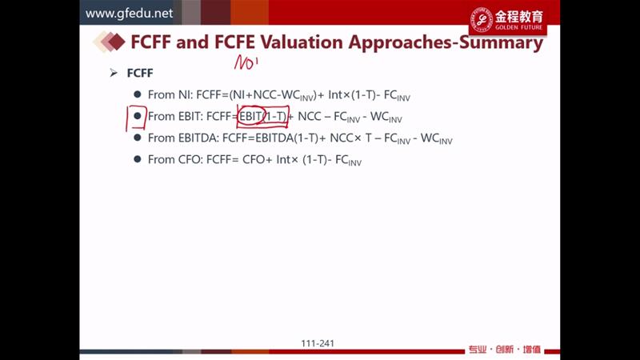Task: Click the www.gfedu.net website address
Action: click(129, 14)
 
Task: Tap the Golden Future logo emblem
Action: click(482, 19)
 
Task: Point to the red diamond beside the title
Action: click(117, 42)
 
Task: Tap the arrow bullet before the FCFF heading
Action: click(114, 73)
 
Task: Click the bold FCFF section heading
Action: click(140, 73)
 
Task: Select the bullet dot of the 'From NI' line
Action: click(138, 94)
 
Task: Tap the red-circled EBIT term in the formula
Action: click(250, 116)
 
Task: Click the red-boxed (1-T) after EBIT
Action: click(276, 116)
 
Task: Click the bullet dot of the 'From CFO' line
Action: click(138, 158)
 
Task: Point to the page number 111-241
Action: click(318, 344)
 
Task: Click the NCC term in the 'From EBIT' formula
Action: click(310, 116)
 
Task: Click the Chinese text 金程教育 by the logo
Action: click(519, 16)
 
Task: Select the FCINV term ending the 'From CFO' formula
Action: click(348, 160)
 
